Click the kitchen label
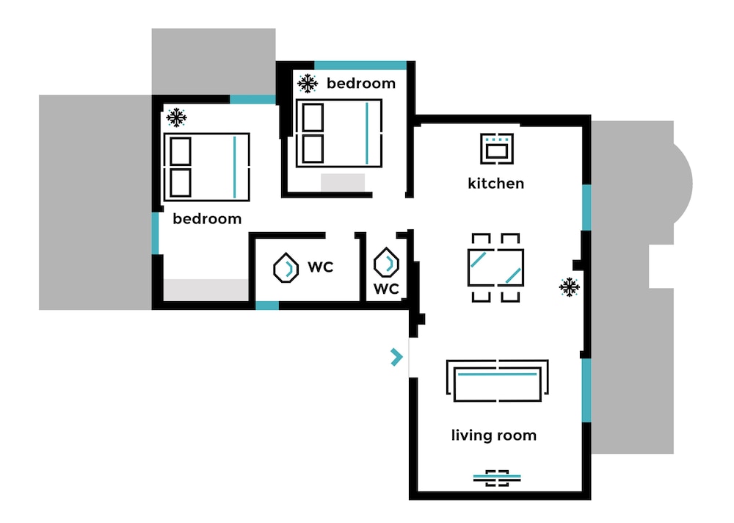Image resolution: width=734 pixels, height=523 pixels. click(495, 183)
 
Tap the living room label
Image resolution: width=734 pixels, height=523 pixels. click(494, 436)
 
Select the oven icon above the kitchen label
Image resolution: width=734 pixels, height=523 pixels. click(497, 148)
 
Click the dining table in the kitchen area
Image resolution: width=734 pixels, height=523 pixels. click(495, 267)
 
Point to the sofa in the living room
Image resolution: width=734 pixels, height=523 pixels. click(497, 380)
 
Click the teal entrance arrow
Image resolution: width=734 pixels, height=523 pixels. click(396, 357)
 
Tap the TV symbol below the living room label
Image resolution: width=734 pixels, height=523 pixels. click(497, 478)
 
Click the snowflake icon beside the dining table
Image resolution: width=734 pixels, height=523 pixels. click(570, 286)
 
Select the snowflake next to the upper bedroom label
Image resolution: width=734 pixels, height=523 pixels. click(308, 84)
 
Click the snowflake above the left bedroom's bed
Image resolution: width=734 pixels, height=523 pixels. click(176, 117)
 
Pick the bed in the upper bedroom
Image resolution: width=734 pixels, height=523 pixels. click(339, 133)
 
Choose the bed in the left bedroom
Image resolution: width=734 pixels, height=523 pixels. click(206, 167)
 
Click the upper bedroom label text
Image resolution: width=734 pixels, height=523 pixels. click(361, 84)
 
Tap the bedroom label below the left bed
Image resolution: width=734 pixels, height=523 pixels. click(207, 219)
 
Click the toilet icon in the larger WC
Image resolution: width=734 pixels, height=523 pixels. click(286, 268)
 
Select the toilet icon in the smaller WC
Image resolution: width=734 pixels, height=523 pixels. click(386, 262)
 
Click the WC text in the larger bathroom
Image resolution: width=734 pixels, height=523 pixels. click(320, 267)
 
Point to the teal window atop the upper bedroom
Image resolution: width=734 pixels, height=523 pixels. click(360, 65)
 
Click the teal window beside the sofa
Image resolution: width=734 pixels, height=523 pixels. click(586, 390)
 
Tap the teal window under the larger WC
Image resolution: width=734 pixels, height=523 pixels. click(267, 306)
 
